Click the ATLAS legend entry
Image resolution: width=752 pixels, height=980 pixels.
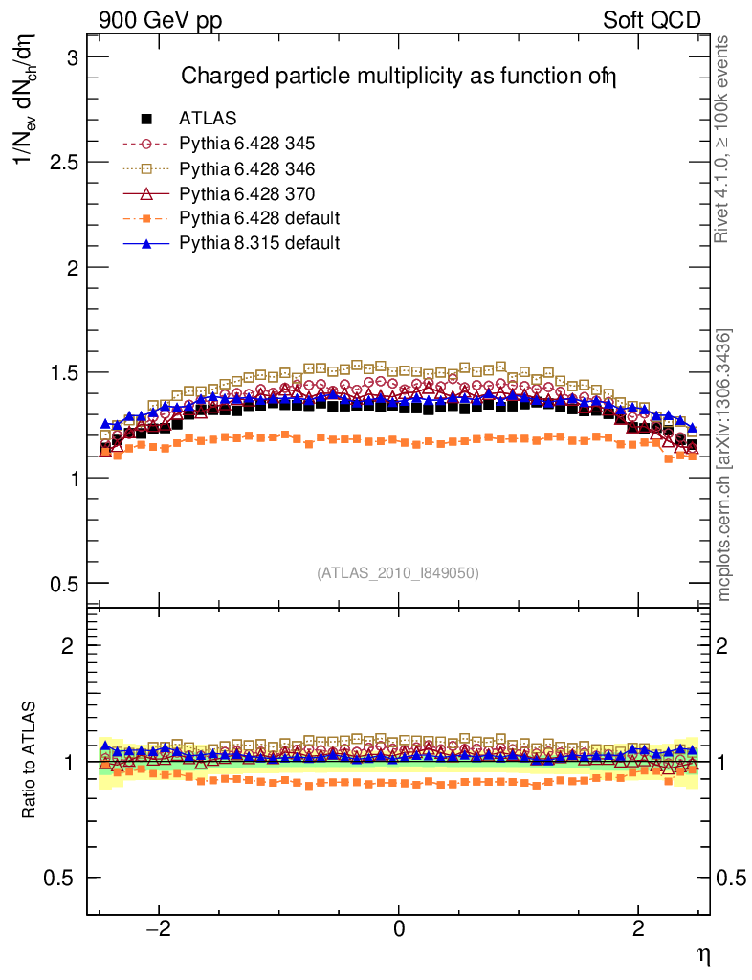208,119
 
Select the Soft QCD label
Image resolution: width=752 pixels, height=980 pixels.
652,20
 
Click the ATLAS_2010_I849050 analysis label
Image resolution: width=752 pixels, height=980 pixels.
398,572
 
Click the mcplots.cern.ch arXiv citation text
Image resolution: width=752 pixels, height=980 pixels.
724,465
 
